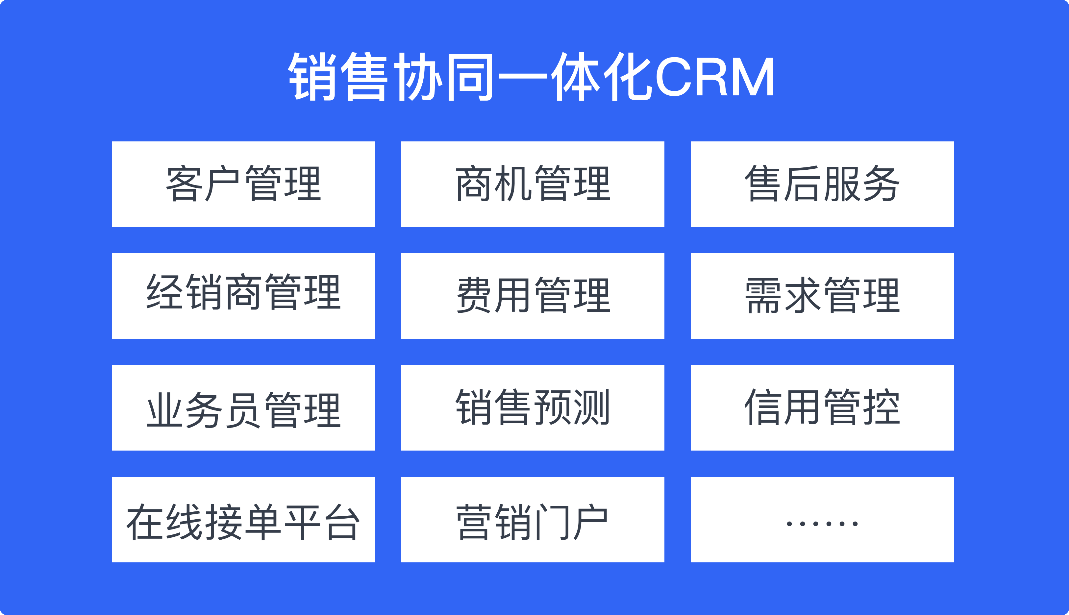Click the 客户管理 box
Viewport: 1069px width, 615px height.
[243, 184]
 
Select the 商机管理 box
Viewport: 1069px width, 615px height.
[533, 184]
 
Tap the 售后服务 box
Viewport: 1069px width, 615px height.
[822, 184]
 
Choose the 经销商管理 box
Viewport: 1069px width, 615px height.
[243, 296]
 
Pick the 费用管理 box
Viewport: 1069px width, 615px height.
[533, 296]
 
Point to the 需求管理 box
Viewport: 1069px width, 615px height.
[822, 296]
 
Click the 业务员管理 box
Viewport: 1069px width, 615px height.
[243, 407]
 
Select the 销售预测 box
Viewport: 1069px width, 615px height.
[533, 407]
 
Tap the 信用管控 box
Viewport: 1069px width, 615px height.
[822, 407]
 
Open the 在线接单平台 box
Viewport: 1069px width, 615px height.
[243, 520]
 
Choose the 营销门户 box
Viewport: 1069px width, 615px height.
[533, 520]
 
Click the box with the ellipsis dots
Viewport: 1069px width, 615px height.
[822, 520]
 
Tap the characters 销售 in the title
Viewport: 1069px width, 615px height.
[337, 76]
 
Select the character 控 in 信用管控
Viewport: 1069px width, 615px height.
[882, 407]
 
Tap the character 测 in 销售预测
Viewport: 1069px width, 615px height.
[591, 407]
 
